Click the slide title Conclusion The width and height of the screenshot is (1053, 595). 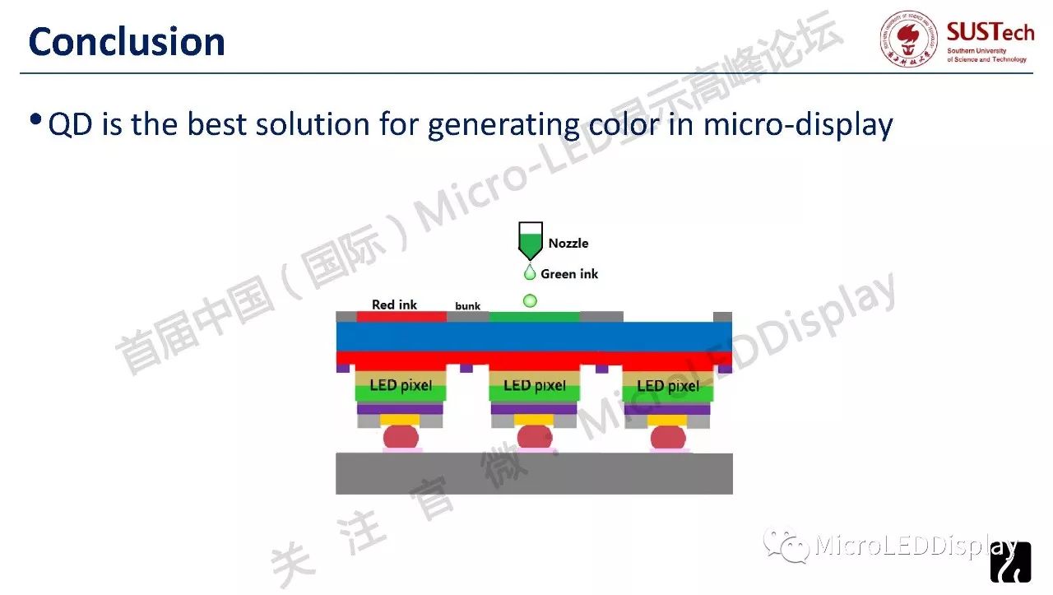127,41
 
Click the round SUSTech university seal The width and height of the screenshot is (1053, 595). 909,39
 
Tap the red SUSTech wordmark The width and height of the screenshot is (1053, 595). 990,32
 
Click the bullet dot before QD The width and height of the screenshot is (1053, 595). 35,119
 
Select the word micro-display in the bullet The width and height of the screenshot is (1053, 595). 798,124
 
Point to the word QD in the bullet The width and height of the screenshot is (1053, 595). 70,124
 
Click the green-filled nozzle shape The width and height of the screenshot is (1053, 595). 531,241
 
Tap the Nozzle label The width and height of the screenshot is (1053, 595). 568,243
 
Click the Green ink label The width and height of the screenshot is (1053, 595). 569,274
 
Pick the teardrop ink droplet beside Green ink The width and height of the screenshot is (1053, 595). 530,272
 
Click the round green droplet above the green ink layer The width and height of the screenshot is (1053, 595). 530,301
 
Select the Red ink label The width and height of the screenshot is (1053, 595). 394,304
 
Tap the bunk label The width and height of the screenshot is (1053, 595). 468,306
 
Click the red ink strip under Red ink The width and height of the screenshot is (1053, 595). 401,317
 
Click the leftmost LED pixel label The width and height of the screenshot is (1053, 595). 401,385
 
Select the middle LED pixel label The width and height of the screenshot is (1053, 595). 535,386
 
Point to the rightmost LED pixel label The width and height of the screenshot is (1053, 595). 668,386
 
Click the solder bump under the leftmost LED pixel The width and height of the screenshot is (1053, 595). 401,437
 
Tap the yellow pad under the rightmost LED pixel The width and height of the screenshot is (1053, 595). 667,420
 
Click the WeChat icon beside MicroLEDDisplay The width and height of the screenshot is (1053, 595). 786,545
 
